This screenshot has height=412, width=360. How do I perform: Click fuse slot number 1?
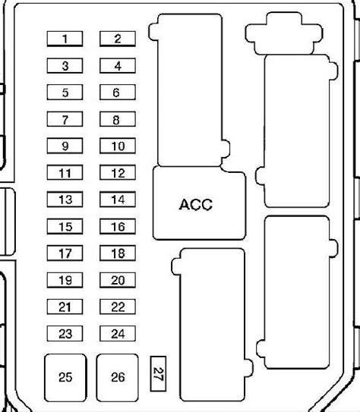65,39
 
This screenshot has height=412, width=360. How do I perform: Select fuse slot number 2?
118,39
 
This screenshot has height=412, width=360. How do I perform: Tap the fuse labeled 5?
65,93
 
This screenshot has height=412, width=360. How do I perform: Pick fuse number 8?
118,119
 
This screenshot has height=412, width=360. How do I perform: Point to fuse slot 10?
118,146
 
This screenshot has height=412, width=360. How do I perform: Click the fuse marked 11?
65,173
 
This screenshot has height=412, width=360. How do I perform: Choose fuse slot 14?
118,200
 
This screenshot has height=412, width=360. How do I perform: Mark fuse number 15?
65,226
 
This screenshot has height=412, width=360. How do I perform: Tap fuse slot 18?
118,253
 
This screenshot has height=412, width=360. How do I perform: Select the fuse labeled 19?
65,280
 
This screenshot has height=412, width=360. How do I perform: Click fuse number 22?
118,307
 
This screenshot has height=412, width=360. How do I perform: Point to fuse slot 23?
65,334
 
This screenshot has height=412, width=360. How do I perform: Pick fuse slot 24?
118,334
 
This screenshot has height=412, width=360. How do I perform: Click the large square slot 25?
65,378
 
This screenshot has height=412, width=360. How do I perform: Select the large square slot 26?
117,378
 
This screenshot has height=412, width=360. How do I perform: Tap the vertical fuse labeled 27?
158,374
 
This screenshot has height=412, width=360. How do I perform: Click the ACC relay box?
199,203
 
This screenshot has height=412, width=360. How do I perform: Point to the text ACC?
196,204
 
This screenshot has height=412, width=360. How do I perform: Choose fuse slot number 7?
65,119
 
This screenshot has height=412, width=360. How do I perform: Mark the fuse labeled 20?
118,280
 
